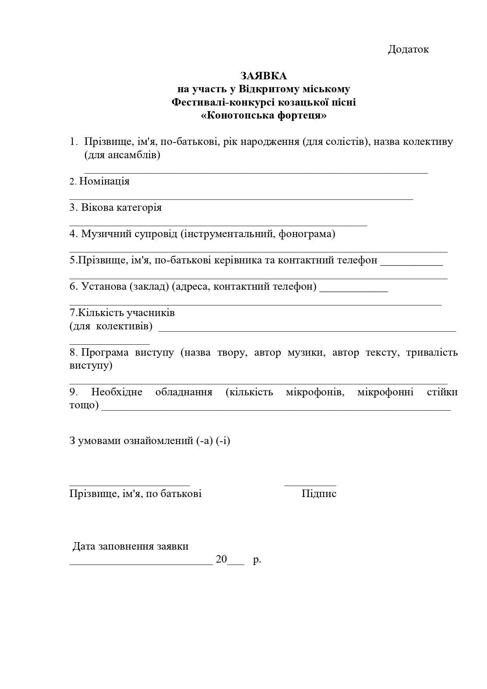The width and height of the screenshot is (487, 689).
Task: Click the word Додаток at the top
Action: (x=408, y=49)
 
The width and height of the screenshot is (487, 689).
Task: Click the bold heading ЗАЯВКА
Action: (x=263, y=75)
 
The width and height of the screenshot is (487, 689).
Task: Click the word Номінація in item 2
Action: (x=104, y=181)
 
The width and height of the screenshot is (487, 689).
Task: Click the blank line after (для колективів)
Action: (x=307, y=331)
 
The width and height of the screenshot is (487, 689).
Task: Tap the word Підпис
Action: (x=319, y=493)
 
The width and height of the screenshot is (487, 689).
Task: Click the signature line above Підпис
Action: (x=310, y=486)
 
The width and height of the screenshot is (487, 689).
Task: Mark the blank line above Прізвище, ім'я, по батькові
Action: (x=130, y=486)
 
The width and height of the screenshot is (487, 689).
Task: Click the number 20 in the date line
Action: (x=221, y=559)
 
